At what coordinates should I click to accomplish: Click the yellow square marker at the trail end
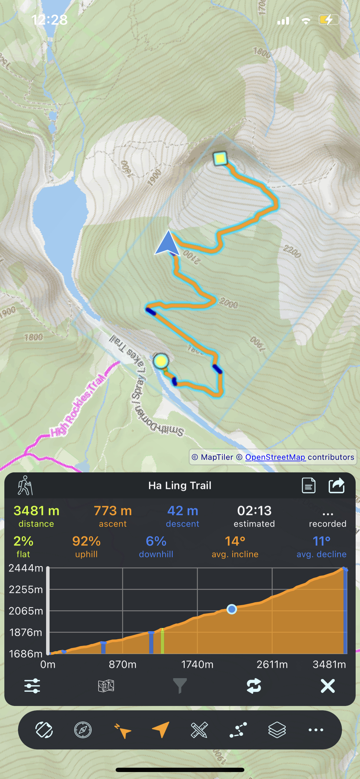pos(220,158)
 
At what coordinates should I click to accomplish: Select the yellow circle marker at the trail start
pos(161,361)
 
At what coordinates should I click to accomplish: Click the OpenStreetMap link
pos(275,457)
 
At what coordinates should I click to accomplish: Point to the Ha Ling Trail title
pos(180,486)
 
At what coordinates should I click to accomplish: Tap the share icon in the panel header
pos(337,485)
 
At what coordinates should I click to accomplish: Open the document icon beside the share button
pos(309,485)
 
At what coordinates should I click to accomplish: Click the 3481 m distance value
pos(36,511)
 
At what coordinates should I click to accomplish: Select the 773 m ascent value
pos(112,511)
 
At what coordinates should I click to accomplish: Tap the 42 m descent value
pos(182,511)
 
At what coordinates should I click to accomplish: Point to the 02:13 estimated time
pos(254,511)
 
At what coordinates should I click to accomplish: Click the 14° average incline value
pos(235,541)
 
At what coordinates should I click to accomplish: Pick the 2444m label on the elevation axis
pos(26,568)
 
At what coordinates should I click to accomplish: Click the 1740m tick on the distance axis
pos(197,665)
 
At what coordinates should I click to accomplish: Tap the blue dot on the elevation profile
pos(232,609)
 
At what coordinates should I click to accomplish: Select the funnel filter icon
pos(180,686)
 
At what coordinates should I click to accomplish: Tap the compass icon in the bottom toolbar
pos(83,730)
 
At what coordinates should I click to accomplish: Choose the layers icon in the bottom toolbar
pos(277,730)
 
